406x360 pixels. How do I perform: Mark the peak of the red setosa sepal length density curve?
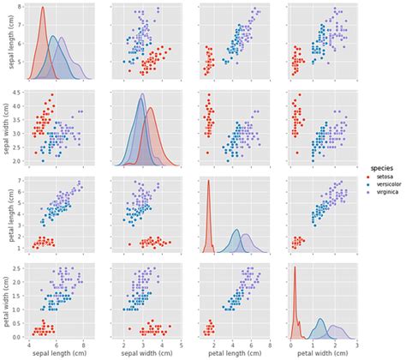(x=43, y=8)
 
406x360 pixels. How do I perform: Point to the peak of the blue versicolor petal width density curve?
(x=321, y=320)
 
